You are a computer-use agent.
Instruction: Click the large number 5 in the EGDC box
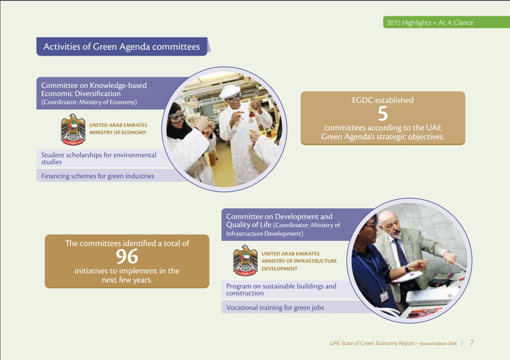(383, 114)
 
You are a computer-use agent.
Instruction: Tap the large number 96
(127, 257)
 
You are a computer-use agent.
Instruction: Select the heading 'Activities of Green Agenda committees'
(122, 47)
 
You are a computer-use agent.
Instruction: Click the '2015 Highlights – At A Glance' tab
(430, 22)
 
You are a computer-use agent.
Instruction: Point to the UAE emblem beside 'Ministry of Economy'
(73, 129)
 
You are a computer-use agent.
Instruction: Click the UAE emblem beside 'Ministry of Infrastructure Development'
(246, 261)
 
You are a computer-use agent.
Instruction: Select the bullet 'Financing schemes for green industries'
(98, 176)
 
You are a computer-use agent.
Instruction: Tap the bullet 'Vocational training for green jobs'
(275, 307)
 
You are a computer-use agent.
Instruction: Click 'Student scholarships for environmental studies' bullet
(99, 159)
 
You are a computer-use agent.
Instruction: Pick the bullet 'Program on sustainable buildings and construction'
(281, 289)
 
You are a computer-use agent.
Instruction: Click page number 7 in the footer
(471, 342)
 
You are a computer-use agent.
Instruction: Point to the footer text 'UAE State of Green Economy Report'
(372, 343)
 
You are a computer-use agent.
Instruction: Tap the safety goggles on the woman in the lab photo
(177, 117)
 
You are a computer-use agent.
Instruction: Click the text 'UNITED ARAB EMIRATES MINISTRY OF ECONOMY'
(118, 129)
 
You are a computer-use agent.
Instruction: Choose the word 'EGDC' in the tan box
(362, 100)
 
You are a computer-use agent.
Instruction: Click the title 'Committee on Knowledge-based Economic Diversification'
(94, 90)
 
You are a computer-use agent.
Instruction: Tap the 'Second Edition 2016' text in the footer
(438, 343)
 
